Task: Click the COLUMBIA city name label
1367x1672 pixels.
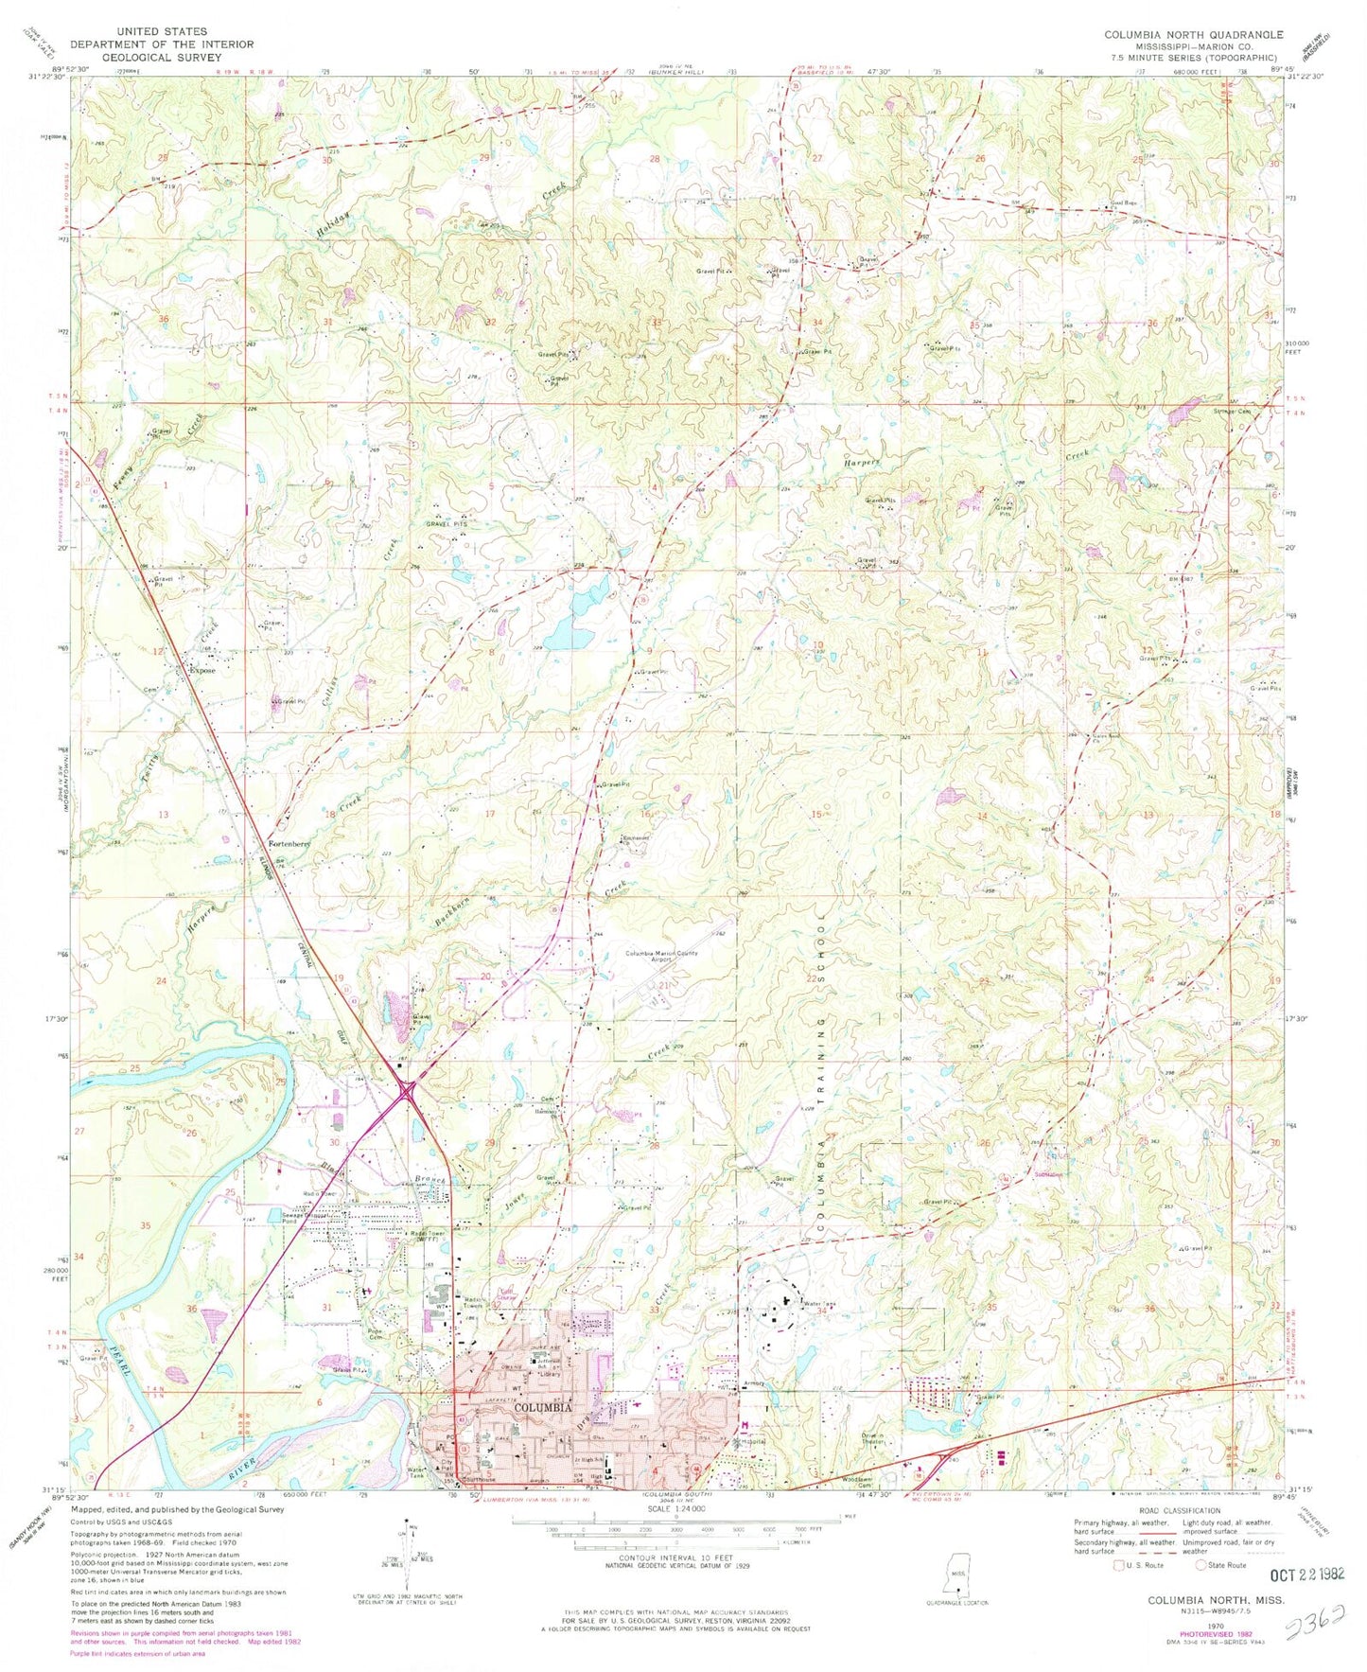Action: [542, 1407]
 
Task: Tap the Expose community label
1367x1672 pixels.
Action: [202, 671]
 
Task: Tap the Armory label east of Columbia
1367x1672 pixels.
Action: [754, 1383]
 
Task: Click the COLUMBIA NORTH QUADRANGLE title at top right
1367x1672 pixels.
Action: [1194, 34]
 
